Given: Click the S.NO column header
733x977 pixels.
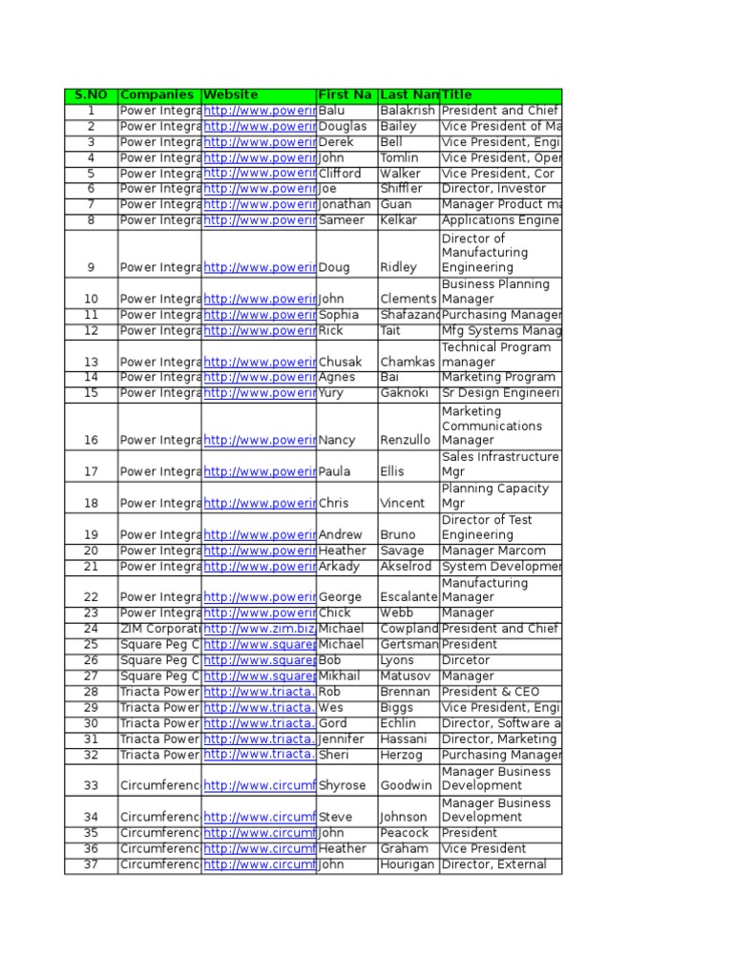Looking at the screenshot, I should pyautogui.click(x=91, y=95).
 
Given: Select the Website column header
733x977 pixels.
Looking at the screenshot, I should pyautogui.click(x=231, y=95).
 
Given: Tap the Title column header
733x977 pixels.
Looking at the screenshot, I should pyautogui.click(x=457, y=95).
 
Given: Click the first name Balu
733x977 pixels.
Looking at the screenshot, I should pyautogui.click(x=331, y=111).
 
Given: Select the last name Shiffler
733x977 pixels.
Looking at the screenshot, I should pyautogui.click(x=402, y=189).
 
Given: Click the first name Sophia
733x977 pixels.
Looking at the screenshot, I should pyautogui.click(x=339, y=314).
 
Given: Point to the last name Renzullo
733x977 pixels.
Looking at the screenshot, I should pyautogui.click(x=408, y=440).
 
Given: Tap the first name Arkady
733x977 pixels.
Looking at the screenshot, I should pyautogui.click(x=340, y=567).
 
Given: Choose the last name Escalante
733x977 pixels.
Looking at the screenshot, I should pyautogui.click(x=408, y=597).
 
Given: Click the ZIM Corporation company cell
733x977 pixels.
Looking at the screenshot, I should pyautogui.click(x=159, y=629).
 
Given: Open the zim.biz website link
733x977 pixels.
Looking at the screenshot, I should pyautogui.click(x=259, y=629).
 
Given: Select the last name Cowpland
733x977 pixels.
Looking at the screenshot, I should pyautogui.click(x=408, y=629).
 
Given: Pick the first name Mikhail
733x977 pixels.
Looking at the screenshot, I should pyautogui.click(x=341, y=676).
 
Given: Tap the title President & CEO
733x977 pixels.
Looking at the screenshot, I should pyautogui.click(x=491, y=692).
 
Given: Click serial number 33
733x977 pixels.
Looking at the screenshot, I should pyautogui.click(x=91, y=785).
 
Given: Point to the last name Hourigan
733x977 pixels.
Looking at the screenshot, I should pyautogui.click(x=408, y=864).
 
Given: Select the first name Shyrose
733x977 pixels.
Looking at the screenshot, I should pyautogui.click(x=343, y=785).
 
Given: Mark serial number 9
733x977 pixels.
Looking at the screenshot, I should pyautogui.click(x=91, y=267).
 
